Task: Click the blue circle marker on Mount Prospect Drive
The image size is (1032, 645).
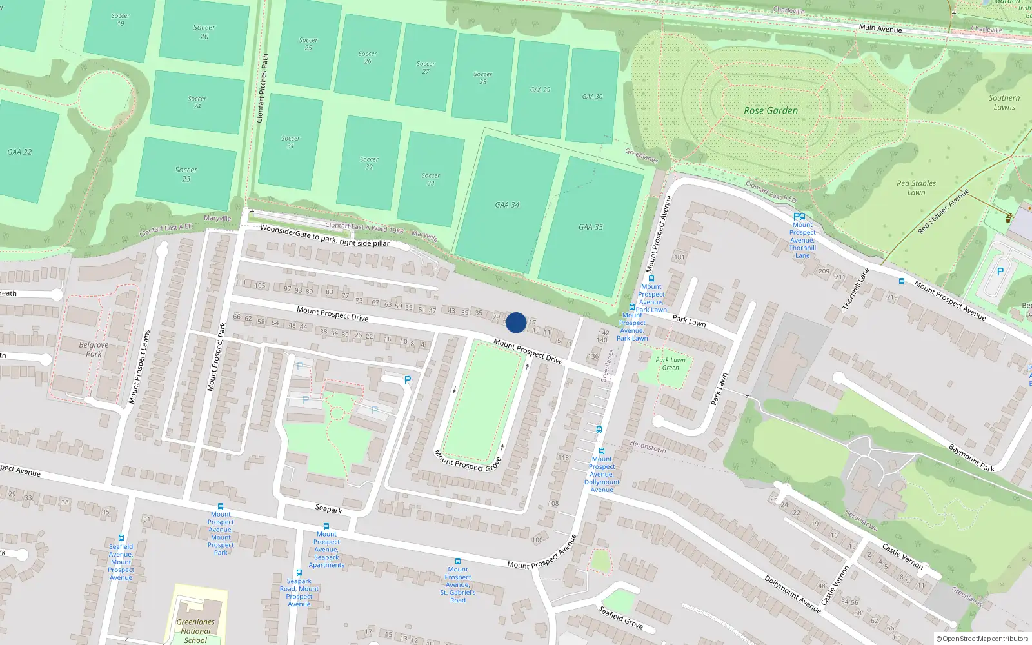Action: pos(516,322)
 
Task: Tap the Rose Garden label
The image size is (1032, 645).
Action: pos(771,110)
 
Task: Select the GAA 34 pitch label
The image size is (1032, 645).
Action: pos(507,205)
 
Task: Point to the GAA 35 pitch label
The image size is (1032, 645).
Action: pos(590,227)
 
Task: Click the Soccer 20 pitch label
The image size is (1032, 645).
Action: pos(204,32)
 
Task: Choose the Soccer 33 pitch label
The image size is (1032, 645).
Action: pos(430,179)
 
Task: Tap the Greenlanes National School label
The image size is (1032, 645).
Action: pos(195,631)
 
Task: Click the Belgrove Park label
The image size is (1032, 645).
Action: pos(94,349)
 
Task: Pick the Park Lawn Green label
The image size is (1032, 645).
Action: pos(671,364)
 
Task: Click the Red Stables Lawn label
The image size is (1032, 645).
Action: pos(916,187)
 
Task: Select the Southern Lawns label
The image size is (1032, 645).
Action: pos(1004,103)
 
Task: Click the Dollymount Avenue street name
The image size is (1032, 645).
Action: pos(793,593)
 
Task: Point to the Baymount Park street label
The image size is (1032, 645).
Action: pos(971,457)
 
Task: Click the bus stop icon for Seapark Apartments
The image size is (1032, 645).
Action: pos(326,526)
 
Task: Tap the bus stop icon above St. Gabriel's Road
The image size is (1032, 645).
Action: pos(457,561)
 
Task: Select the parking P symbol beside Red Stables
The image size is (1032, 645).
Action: pos(1000,272)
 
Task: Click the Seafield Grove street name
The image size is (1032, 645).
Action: pos(620,617)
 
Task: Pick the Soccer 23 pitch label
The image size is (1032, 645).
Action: pos(186,174)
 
